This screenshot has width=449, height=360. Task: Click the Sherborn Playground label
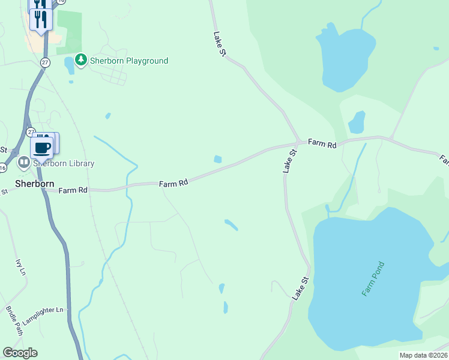pyautogui.click(x=129, y=61)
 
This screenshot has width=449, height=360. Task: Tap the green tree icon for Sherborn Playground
pyautogui.click(x=81, y=60)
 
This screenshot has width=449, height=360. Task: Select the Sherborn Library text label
pyautogui.click(x=64, y=163)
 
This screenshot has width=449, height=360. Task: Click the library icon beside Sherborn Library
pyautogui.click(x=24, y=162)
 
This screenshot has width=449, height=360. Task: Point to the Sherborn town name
pyautogui.click(x=35, y=184)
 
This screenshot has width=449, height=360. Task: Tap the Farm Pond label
pyautogui.click(x=373, y=278)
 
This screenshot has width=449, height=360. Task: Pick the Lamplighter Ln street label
pyautogui.click(x=43, y=310)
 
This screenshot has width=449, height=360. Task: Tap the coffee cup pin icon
pyautogui.click(x=41, y=148)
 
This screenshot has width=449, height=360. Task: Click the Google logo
pyautogui.click(x=20, y=353)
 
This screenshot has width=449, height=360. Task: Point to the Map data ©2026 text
pyautogui.click(x=423, y=355)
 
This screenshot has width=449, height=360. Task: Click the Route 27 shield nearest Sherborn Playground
pyautogui.click(x=45, y=62)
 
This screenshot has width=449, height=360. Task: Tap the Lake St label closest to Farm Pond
pyautogui.click(x=300, y=289)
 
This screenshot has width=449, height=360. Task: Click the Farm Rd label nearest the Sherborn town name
pyautogui.click(x=73, y=190)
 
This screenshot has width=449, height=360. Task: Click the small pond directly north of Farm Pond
pyautogui.click(x=357, y=122)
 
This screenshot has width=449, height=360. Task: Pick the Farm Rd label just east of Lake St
pyautogui.click(x=322, y=143)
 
